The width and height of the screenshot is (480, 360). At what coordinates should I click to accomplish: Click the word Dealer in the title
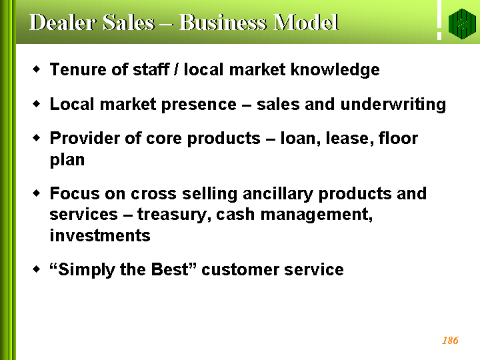pyautogui.click(x=63, y=23)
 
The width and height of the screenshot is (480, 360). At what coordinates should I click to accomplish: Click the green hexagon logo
pyautogui.click(x=462, y=24)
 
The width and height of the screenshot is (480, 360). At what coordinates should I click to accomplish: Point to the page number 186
pyautogui.click(x=450, y=340)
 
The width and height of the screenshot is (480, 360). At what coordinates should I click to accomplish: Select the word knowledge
pyautogui.click(x=335, y=69)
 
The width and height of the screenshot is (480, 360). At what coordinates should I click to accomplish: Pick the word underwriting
pyautogui.click(x=393, y=105)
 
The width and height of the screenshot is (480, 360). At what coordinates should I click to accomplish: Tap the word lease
pyautogui.click(x=349, y=139)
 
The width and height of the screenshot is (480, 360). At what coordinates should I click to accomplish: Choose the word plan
pyautogui.click(x=67, y=160)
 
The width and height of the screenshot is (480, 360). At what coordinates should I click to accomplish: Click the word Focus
pyautogui.click(x=75, y=193)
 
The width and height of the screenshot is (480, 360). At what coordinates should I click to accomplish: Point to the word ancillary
pyautogui.click(x=277, y=194)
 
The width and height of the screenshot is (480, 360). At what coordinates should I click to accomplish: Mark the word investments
pyautogui.click(x=100, y=236)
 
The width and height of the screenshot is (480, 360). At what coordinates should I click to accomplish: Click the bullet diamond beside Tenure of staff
pyautogui.click(x=37, y=69)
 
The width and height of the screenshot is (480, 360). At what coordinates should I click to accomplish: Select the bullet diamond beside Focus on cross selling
pyautogui.click(x=37, y=193)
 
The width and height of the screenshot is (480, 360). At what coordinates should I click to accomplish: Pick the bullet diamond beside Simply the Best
pyautogui.click(x=37, y=269)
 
